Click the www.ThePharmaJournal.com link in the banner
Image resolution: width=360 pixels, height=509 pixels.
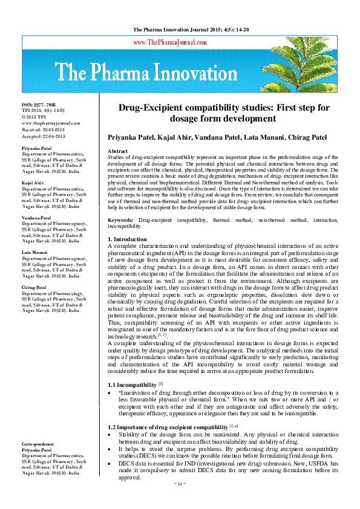coord(180,42)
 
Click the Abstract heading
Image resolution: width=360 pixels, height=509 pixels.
coord(117,151)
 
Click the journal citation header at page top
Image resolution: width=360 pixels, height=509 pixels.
coord(180,29)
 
